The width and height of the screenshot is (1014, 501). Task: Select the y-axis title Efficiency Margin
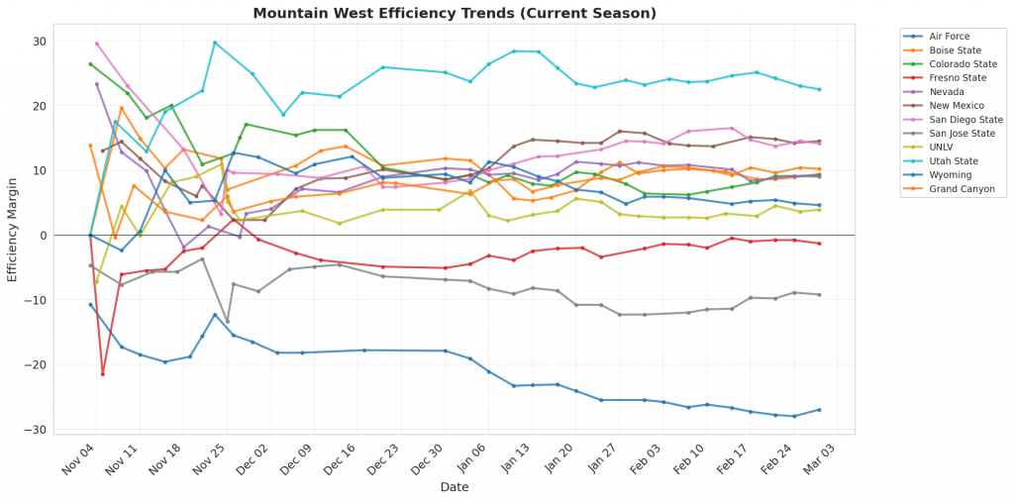(13, 234)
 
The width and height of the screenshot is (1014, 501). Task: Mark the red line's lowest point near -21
(102, 373)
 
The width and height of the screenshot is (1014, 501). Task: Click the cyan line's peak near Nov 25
(215, 43)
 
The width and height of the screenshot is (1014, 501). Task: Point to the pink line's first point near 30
(96, 44)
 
